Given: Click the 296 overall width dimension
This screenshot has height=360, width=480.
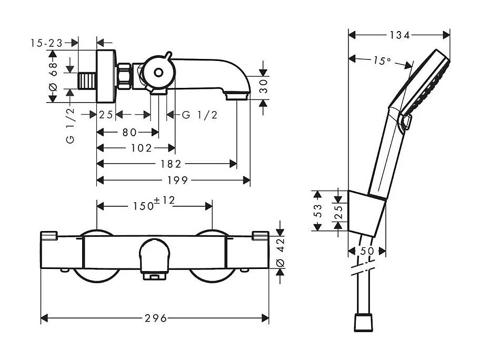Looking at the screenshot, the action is [156, 318].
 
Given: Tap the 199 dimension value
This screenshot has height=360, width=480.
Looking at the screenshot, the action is [177, 181].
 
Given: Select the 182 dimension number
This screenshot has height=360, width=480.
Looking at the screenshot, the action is [171, 164].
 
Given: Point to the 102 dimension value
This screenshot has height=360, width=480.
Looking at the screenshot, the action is [142, 148].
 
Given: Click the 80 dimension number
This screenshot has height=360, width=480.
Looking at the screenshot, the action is [129, 133].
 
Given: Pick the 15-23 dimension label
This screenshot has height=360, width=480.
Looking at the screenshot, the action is [46, 43].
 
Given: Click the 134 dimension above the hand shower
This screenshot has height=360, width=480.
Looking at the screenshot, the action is [399, 35].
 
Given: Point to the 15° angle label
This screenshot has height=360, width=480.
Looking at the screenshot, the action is [382, 61].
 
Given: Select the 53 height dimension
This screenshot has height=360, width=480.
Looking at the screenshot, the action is [318, 211].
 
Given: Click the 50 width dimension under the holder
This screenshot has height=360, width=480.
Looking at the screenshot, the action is [367, 252].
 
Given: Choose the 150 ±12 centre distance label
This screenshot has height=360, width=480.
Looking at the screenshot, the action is [154, 203].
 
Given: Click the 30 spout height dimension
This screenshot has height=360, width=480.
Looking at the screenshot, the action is [263, 86].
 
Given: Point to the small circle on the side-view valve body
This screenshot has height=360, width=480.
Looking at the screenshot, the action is [158, 73].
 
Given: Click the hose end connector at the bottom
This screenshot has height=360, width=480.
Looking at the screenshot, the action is [363, 322].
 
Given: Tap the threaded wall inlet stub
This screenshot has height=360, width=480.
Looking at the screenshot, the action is [87, 82].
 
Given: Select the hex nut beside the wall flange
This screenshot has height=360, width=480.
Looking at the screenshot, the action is [124, 76].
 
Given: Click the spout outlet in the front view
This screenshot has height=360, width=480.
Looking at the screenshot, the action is [154, 276].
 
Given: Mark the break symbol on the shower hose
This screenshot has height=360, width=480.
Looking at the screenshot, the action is [363, 269].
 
